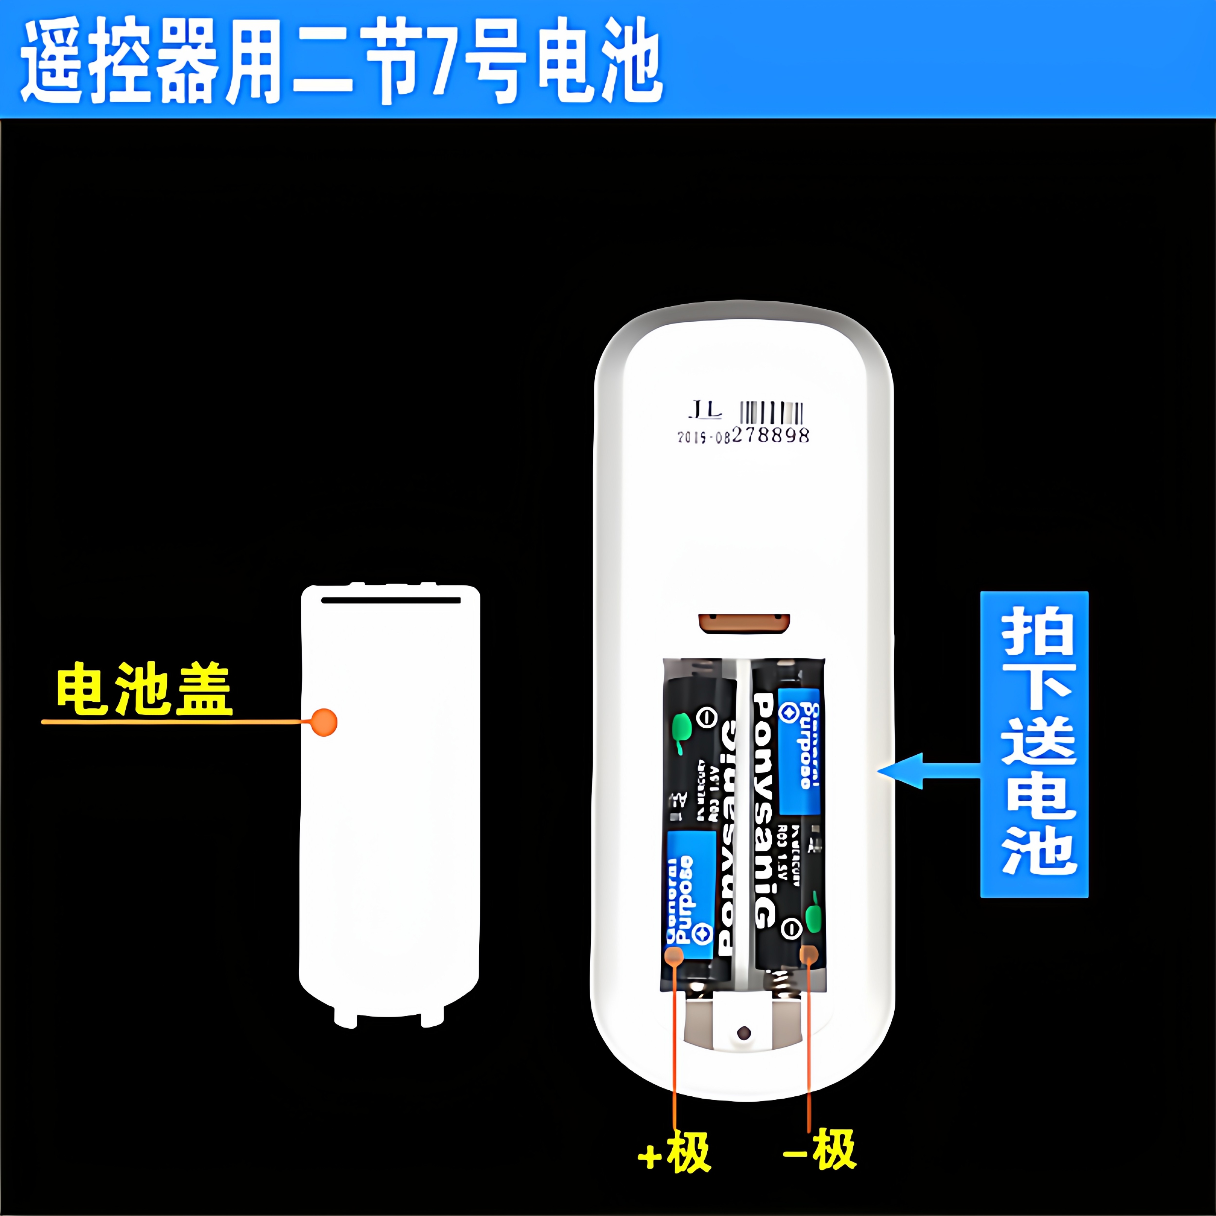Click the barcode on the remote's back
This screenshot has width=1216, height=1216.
772,413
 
